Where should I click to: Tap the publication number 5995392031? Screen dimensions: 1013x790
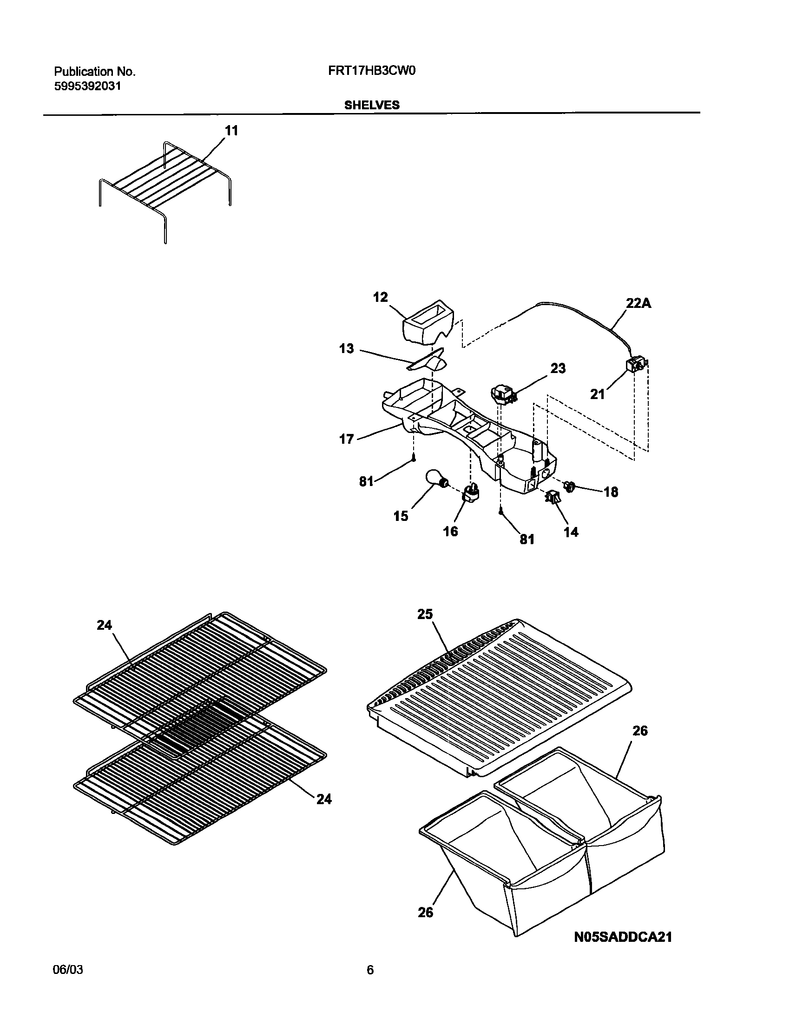click(x=88, y=87)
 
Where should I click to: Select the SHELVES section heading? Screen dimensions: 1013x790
click(x=371, y=105)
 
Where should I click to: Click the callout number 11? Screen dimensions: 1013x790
click(x=231, y=131)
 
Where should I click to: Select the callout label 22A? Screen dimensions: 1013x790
click(x=639, y=304)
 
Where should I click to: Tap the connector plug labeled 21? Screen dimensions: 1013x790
click(x=636, y=365)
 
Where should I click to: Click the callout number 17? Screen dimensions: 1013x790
click(x=347, y=439)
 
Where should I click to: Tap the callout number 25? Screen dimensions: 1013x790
click(x=425, y=614)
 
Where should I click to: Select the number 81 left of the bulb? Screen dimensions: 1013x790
click(x=366, y=481)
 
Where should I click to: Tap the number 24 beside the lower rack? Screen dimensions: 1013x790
click(x=324, y=799)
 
